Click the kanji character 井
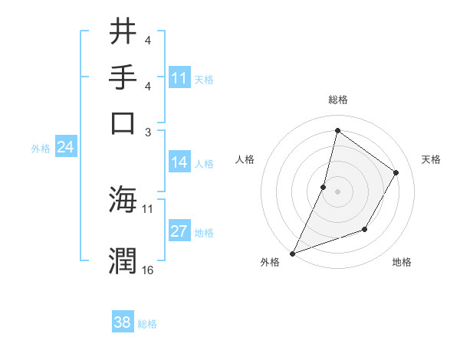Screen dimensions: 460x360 [x=123, y=32]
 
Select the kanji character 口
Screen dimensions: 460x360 [x=123, y=122]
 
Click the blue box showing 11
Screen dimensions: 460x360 [x=179, y=78]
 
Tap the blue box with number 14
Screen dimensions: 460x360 [x=179, y=162]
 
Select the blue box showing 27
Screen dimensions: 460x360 [x=179, y=231]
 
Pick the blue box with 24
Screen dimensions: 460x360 [x=65, y=148]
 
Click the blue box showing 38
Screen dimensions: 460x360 [x=122, y=322]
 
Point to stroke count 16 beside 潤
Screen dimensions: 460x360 [x=148, y=270]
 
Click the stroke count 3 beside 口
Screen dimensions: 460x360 [x=148, y=131]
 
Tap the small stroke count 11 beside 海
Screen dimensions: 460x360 [x=148, y=208]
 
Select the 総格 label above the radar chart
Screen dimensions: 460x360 [x=337, y=100]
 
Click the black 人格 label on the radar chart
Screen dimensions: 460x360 [x=245, y=159]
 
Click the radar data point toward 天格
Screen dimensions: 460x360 [x=396, y=173]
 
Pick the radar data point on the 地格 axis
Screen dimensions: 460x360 [x=365, y=229]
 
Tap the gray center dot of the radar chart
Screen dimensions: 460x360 [x=337, y=191]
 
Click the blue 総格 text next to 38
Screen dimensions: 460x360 [x=147, y=324]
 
